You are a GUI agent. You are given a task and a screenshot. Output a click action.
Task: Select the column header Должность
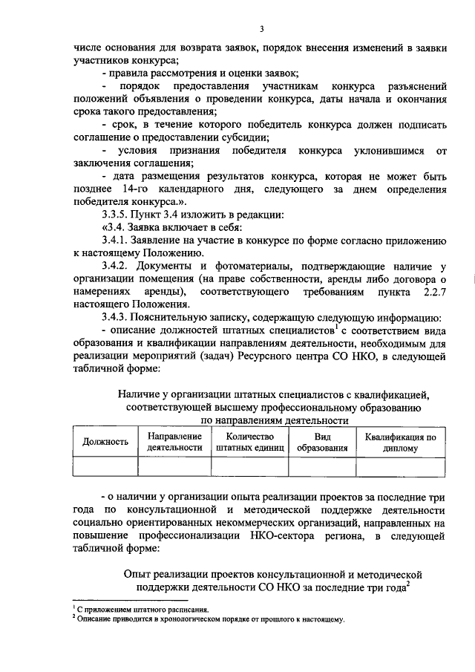pos(105,442)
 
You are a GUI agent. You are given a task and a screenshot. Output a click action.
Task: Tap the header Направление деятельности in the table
pos(174,442)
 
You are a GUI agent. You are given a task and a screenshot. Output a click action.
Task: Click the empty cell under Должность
pos(105,466)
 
